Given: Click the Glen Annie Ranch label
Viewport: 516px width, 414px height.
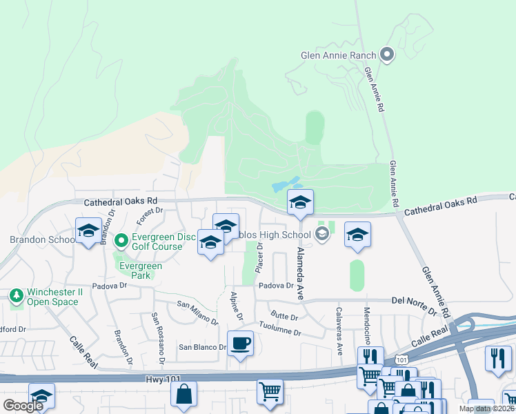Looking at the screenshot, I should coord(338,55).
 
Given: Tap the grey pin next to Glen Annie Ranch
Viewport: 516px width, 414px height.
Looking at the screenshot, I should coord(386,55).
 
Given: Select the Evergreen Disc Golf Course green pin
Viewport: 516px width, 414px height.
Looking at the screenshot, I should coord(121,240).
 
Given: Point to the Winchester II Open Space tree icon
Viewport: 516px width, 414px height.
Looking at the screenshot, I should coord(17,296).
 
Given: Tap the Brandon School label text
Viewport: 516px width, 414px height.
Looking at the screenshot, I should coord(42,239).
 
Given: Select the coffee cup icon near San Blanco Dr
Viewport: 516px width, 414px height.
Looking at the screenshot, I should coord(240,343).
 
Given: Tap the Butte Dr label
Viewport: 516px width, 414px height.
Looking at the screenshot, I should coord(284,317).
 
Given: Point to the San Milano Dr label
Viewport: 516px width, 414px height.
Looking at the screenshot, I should coord(197,312).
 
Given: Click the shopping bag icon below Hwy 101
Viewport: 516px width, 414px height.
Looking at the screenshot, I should coord(184,395).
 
